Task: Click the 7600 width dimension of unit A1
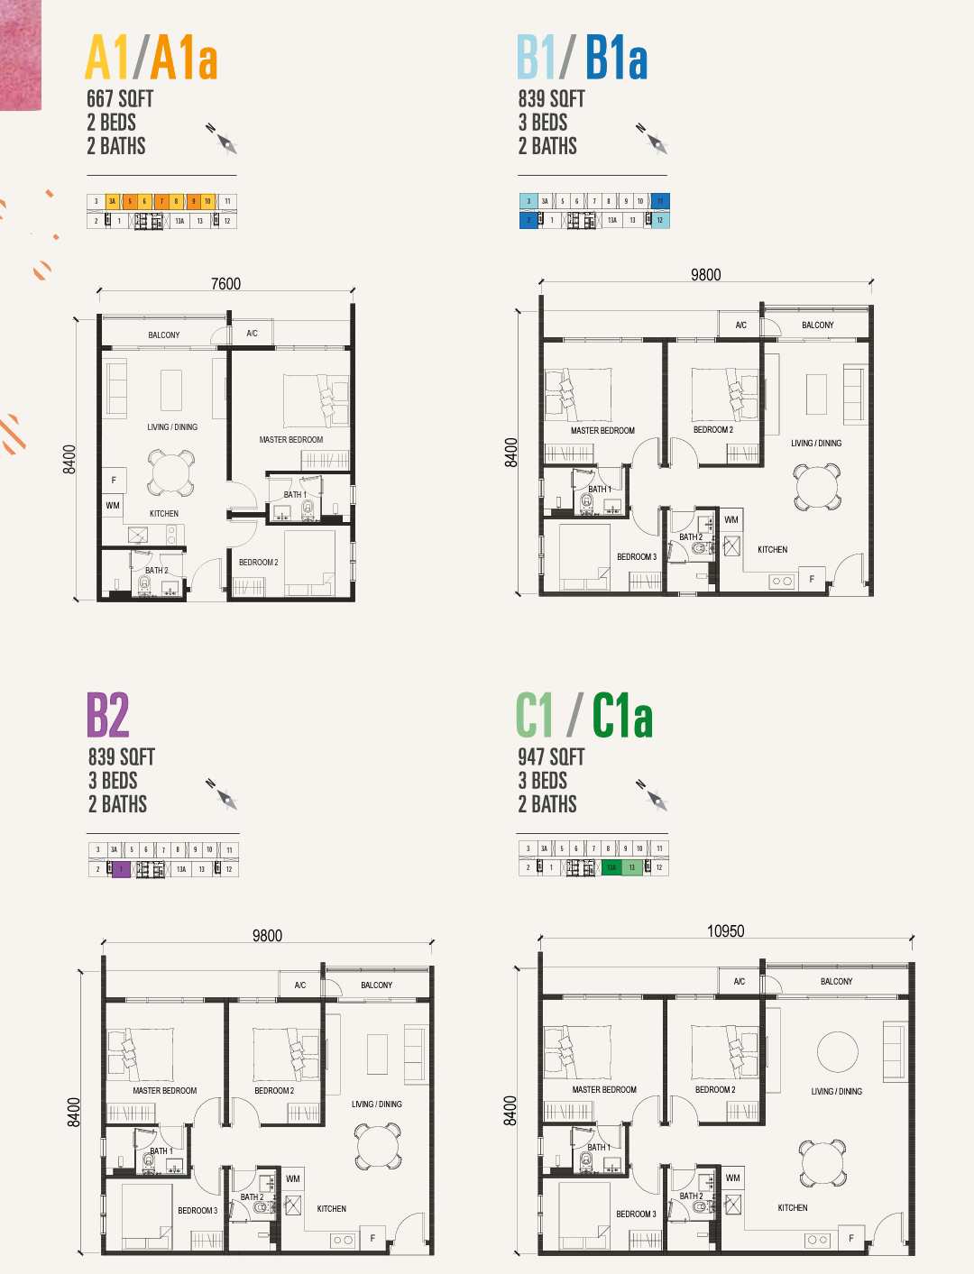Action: pyautogui.click(x=225, y=284)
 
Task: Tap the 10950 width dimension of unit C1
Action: pyautogui.click(x=725, y=931)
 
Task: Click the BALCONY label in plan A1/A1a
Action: pyautogui.click(x=164, y=335)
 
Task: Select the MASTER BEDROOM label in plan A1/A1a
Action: pyautogui.click(x=290, y=440)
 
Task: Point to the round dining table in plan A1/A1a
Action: pyautogui.click(x=170, y=472)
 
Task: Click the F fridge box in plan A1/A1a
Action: pyautogui.click(x=114, y=481)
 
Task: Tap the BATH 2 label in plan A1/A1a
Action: pyautogui.click(x=157, y=571)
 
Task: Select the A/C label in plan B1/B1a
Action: pyautogui.click(x=740, y=325)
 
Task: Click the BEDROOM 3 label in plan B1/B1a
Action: pyautogui.click(x=637, y=557)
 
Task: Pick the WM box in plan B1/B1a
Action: pyautogui.click(x=731, y=520)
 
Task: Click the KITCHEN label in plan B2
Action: pyautogui.click(x=331, y=1209)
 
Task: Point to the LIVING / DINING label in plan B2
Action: pyautogui.click(x=376, y=1104)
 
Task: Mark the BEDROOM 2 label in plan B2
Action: pyautogui.click(x=274, y=1091)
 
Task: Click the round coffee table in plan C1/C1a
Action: pyautogui.click(x=837, y=1051)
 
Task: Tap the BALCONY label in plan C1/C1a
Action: pyautogui.click(x=836, y=982)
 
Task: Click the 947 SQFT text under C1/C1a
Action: pyautogui.click(x=551, y=757)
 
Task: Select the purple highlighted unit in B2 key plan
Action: pyautogui.click(x=122, y=869)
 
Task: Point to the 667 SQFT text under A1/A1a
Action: pyautogui.click(x=120, y=99)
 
